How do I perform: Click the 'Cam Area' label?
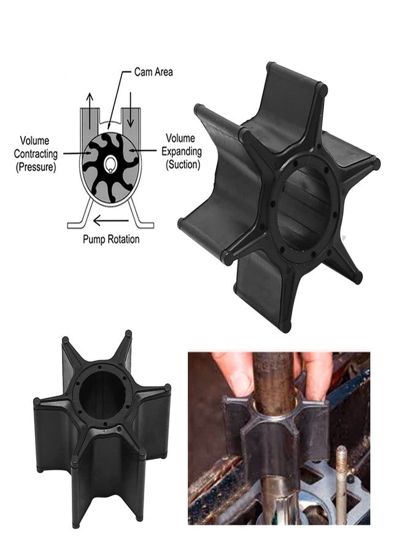[x=153, y=73]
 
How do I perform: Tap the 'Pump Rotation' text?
[x=111, y=239]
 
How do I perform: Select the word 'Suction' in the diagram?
[x=183, y=164]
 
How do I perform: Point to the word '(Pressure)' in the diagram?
[x=36, y=167]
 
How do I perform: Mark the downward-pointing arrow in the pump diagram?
[x=130, y=110]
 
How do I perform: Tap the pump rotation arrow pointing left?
[x=110, y=221]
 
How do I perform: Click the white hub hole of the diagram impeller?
[x=111, y=163]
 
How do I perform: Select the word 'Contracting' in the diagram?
[x=36, y=154]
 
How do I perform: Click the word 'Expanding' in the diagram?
[x=182, y=152]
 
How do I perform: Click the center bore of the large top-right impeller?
[x=303, y=208]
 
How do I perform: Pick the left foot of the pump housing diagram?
[x=80, y=216]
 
